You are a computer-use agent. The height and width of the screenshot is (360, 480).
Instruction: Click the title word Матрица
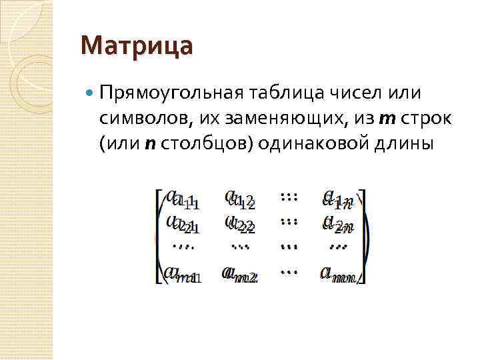[136, 47]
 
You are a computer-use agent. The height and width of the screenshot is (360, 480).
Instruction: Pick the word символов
[143, 119]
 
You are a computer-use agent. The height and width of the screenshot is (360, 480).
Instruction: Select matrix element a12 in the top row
[239, 198]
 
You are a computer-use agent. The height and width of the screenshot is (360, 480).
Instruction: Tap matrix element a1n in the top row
[337, 198]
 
